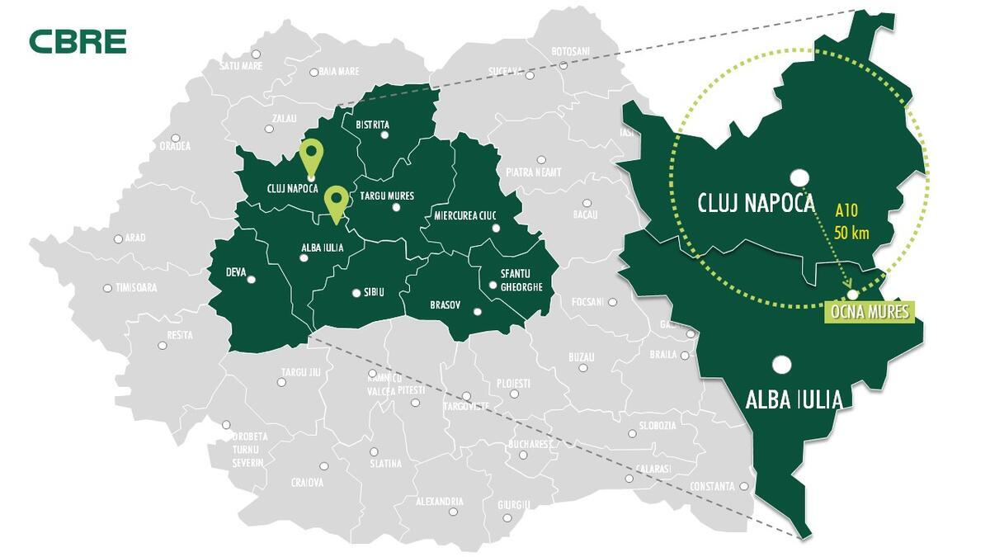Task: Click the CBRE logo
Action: pos(78,40)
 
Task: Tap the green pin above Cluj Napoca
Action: pos(311,154)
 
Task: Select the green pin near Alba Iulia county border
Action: pos(335,200)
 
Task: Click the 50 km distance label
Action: pos(852,233)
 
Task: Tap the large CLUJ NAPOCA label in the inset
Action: pos(756,203)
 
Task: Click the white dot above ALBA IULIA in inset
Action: pos(782,364)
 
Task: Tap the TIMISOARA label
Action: pos(135,288)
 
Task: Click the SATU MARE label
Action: pos(241,64)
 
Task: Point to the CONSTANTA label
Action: pos(711,487)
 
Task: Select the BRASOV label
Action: pos(445,305)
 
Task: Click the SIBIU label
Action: pos(374,292)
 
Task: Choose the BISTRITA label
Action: pos(372,125)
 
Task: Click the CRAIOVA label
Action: pos(307,482)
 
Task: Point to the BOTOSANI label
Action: pos(570,51)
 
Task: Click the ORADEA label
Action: pos(174,146)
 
